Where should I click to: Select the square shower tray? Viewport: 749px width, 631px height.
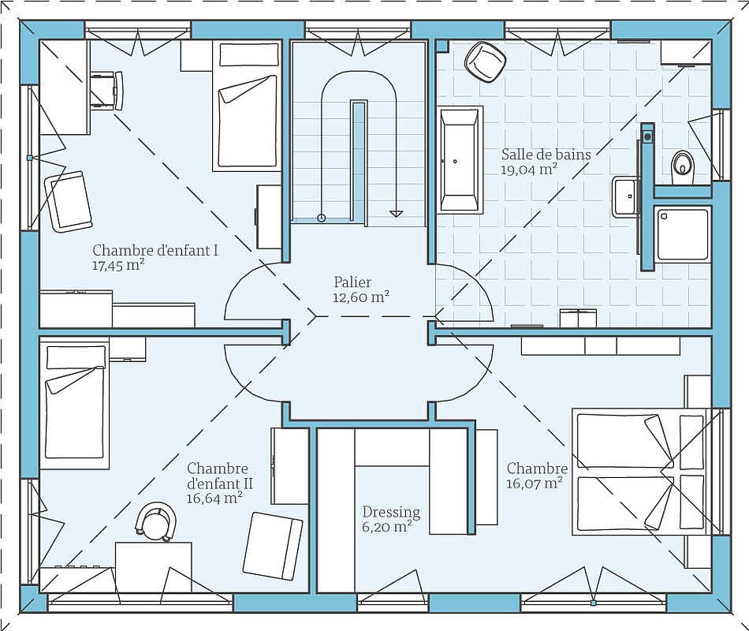[682, 233]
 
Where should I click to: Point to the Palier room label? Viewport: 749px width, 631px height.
[352, 282]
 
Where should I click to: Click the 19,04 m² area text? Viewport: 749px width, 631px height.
[529, 170]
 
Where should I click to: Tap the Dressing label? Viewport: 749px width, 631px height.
[391, 513]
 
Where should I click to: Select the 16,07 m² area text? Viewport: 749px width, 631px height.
[534, 484]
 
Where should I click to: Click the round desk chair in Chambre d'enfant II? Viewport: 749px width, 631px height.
[156, 521]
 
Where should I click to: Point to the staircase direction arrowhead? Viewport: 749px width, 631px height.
[396, 213]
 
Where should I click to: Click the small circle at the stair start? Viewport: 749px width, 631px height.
[322, 218]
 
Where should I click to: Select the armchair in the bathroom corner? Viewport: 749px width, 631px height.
[485, 62]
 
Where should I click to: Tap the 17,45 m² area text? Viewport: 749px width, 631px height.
[118, 266]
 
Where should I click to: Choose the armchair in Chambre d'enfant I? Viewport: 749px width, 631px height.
[69, 202]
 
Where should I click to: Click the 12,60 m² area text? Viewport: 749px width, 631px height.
[360, 297]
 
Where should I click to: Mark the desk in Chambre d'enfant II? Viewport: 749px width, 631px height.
[153, 567]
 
